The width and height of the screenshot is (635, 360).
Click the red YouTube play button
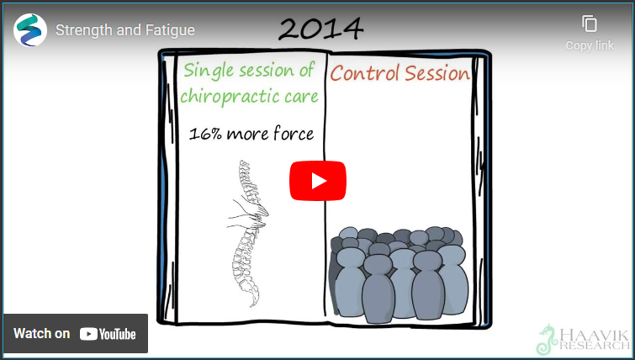318,181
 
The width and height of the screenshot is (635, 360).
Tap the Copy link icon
590,24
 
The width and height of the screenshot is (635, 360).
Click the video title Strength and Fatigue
125,30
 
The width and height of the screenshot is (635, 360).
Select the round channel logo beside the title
30,30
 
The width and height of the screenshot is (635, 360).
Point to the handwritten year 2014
321,29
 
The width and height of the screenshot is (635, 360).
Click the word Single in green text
208,71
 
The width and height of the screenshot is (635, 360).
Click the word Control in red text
365,74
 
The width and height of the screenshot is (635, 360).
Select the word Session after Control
437,74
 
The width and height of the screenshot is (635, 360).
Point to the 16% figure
205,134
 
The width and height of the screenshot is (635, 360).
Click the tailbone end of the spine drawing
253,301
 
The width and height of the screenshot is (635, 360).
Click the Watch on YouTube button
76,334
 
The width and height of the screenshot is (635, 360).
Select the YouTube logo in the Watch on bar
108,334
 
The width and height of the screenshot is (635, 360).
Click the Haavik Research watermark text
595,340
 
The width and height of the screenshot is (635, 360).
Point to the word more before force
248,134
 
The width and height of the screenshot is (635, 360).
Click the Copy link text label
590,45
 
